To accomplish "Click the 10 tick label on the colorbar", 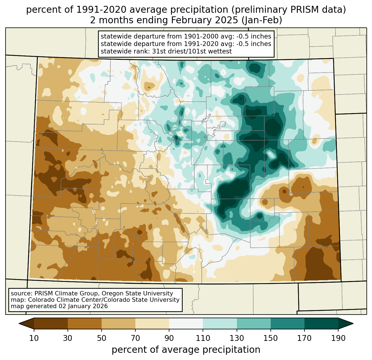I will pyautogui.click(x=34, y=338).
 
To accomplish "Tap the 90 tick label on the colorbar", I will pyautogui.click(x=169, y=338).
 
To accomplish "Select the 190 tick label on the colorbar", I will pyautogui.click(x=338, y=338).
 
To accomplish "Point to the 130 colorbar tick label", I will pyautogui.click(x=237, y=338).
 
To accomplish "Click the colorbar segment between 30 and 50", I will pyautogui.click(x=85, y=323).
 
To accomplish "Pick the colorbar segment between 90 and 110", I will pyautogui.click(x=186, y=323).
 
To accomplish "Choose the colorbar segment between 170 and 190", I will pyautogui.click(x=321, y=323).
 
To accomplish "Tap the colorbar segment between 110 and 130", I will pyautogui.click(x=220, y=323).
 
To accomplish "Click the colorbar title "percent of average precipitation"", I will pyautogui.click(x=186, y=350).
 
